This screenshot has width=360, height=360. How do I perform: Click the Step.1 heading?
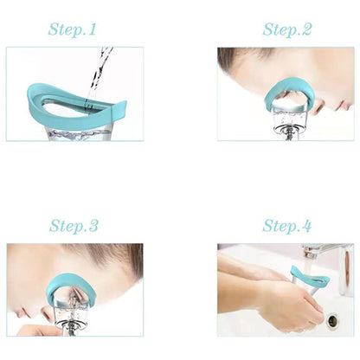pos(72,29)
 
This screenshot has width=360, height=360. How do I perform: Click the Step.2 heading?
pos(287,29)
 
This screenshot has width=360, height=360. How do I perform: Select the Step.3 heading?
pos(74,226)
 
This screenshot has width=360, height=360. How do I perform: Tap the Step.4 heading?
pos(287,226)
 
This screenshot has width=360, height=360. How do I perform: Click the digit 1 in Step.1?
pos(93,29)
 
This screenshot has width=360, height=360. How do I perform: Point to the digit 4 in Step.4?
pos(306,226)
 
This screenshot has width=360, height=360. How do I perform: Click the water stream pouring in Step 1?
pos(98,75)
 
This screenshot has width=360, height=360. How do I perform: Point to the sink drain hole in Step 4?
pos(332,320)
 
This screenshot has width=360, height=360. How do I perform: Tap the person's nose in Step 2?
pos(319,106)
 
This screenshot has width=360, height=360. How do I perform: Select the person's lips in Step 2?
pos(344,106)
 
